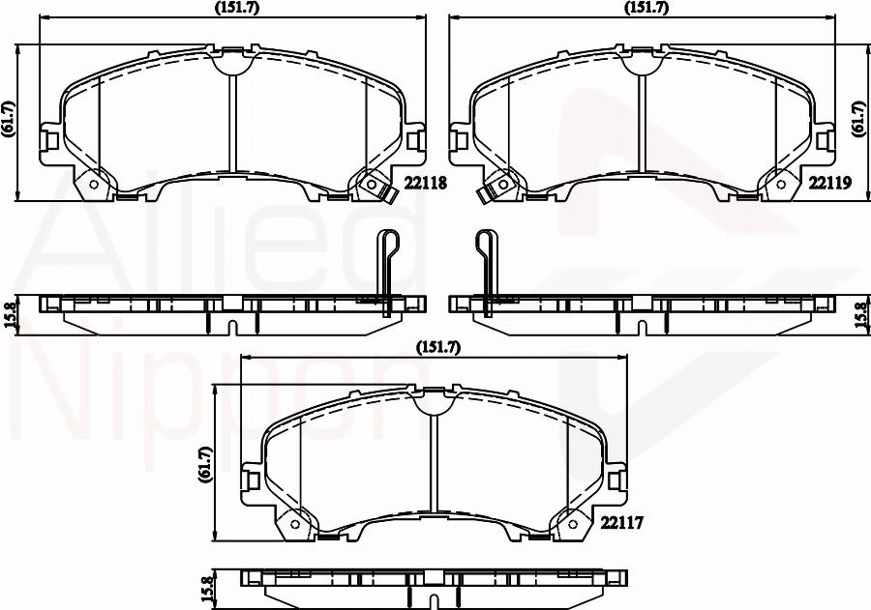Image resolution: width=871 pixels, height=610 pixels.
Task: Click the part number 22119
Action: [828, 182]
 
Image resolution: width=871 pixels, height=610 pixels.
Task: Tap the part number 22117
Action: [622, 522]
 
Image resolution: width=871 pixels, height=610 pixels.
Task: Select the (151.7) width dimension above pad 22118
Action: [229, 8]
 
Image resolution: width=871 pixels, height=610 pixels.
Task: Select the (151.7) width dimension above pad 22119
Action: [644, 8]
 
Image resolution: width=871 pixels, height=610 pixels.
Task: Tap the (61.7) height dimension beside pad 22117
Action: [204, 464]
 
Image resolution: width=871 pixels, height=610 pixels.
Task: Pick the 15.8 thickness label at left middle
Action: [9, 317]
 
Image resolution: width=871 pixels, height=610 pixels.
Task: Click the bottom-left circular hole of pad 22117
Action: [294, 526]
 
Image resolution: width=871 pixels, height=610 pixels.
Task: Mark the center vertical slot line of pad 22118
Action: [232, 121]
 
